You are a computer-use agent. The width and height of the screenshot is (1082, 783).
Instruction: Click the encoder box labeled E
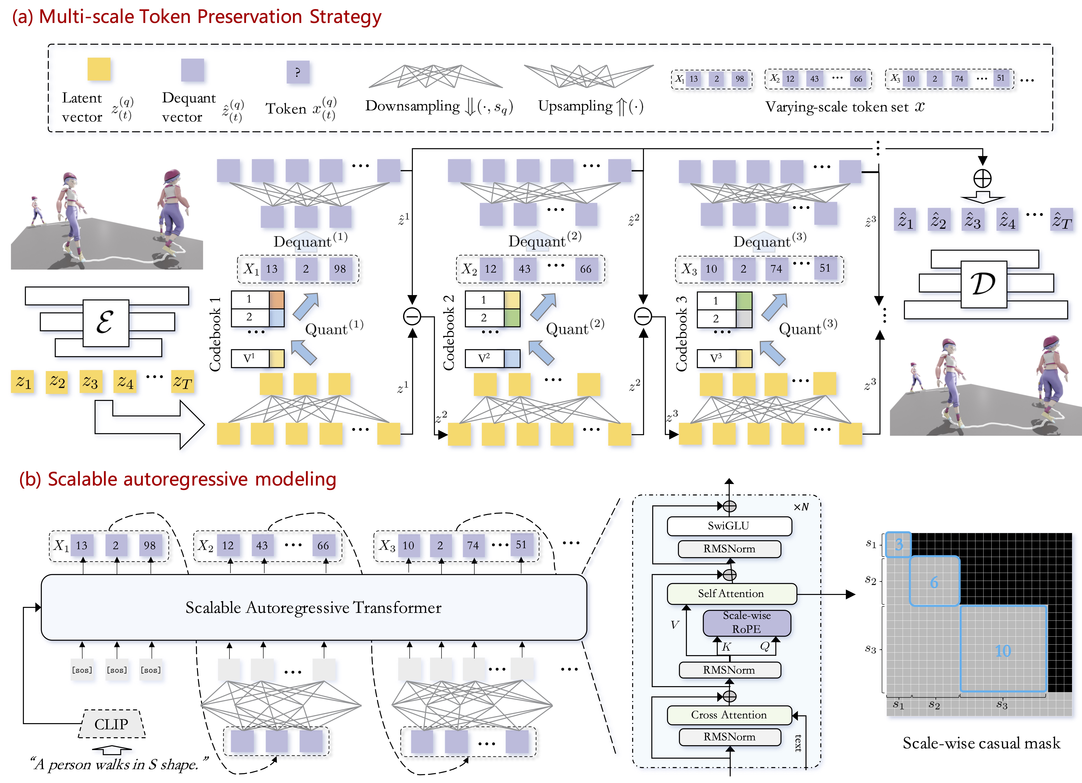[x=105, y=323]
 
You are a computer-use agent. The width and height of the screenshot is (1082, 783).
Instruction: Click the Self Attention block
[x=731, y=594]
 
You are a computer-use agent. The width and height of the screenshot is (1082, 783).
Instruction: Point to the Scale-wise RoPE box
[x=747, y=622]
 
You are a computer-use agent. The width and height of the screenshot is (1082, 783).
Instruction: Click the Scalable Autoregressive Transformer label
[x=313, y=608]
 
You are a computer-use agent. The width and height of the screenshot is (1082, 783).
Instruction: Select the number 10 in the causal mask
[x=1003, y=651]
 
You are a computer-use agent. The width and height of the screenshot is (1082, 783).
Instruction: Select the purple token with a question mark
[x=298, y=72]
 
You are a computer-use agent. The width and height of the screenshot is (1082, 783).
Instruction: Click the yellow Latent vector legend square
[x=99, y=69]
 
